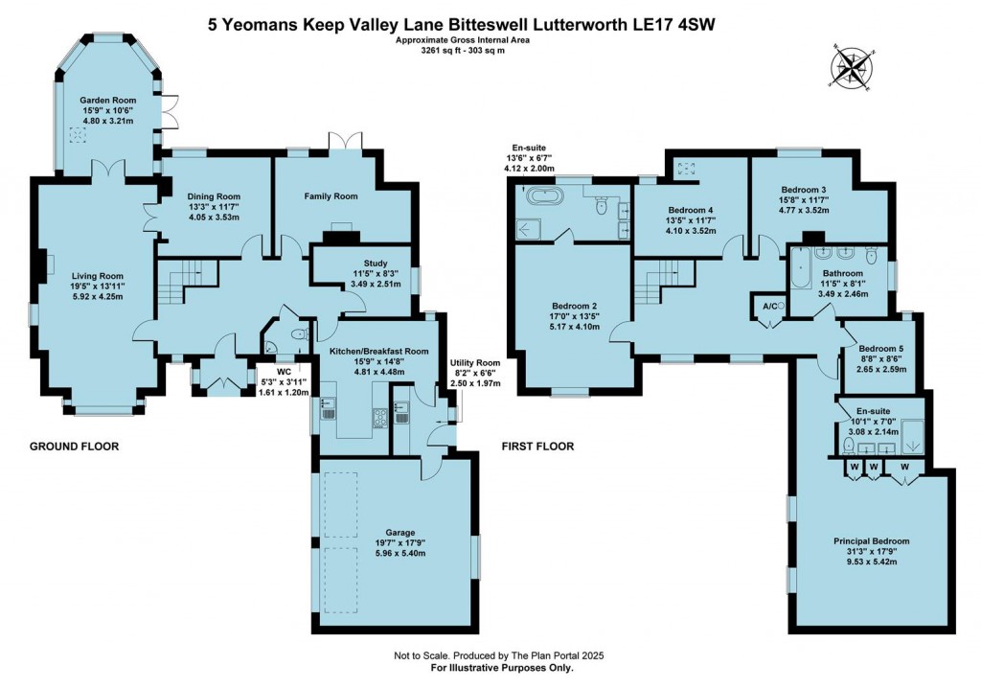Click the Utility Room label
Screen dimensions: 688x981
(476, 362)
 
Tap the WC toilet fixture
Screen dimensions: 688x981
(299, 334)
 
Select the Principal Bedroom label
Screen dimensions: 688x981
(871, 541)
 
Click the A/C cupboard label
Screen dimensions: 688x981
(767, 306)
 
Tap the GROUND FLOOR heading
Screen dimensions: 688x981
(73, 447)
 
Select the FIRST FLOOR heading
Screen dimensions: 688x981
(537, 447)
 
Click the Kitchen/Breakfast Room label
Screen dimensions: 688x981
(378, 352)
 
